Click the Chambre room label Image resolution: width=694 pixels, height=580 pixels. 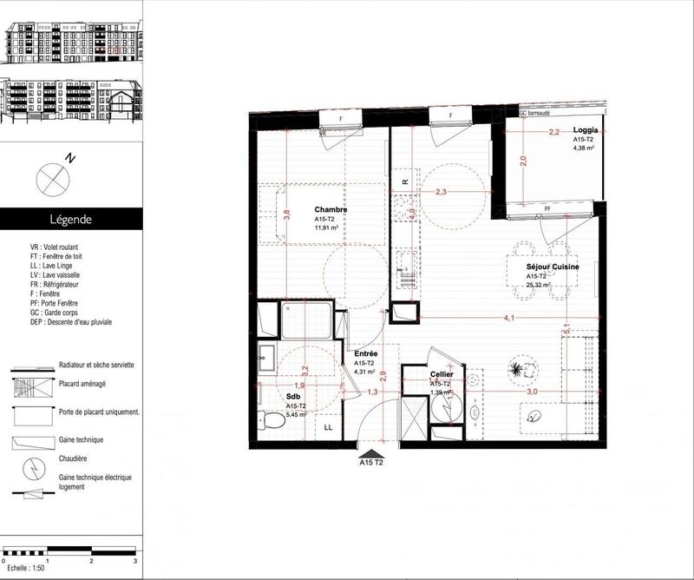pyautogui.click(x=331, y=210)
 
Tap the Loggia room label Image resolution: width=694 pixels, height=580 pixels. pyautogui.click(x=585, y=129)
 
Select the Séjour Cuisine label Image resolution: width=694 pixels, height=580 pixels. pyautogui.click(x=553, y=267)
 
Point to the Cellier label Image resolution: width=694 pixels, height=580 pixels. pyautogui.click(x=443, y=374)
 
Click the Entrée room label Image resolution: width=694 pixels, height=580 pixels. pyautogui.click(x=365, y=354)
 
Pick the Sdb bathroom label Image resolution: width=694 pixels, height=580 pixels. pyautogui.click(x=293, y=395)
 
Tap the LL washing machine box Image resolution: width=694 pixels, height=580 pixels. pyautogui.click(x=329, y=427)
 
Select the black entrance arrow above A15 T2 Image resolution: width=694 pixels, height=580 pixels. pyautogui.click(x=371, y=452)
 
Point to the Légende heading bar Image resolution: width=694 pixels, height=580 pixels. pyautogui.click(x=69, y=220)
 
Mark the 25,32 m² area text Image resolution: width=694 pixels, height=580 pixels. pyautogui.click(x=540, y=285)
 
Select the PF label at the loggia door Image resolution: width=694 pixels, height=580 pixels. pyautogui.click(x=547, y=209)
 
